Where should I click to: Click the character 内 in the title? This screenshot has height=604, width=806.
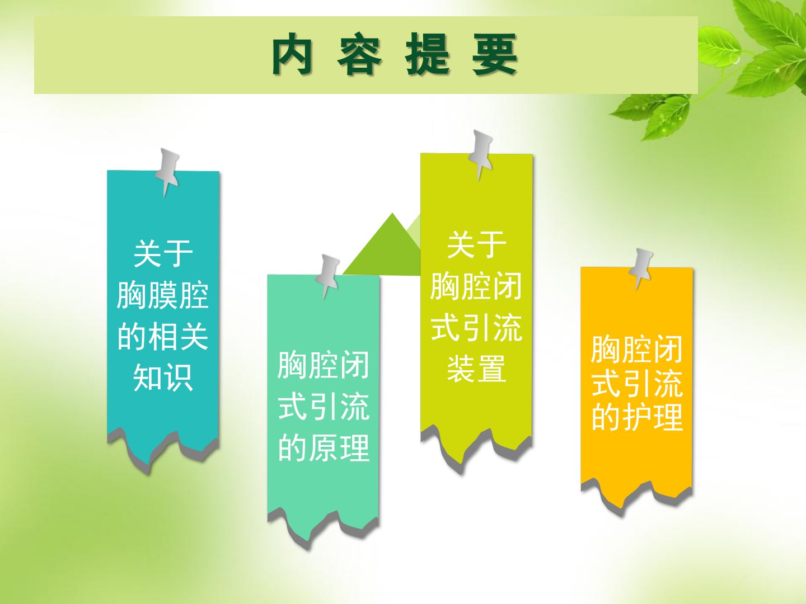(292, 54)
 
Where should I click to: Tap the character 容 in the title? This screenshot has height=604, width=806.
(359, 54)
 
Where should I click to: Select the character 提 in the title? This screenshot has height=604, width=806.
(428, 54)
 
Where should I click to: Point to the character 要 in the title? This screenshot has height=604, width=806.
(495, 54)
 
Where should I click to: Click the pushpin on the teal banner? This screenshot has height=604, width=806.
(167, 172)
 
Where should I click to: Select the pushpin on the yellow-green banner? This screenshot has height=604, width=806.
(481, 154)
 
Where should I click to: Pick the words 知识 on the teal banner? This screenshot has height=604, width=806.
(163, 377)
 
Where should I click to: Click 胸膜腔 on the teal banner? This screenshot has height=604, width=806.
(163, 295)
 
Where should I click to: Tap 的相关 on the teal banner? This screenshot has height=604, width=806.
(163, 337)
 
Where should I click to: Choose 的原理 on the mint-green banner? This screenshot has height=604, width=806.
(324, 448)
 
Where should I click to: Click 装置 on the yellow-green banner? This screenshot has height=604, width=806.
(477, 368)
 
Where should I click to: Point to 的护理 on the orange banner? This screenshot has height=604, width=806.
(637, 417)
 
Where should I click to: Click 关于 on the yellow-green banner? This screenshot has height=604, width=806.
(477, 244)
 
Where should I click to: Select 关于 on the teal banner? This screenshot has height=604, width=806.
(163, 254)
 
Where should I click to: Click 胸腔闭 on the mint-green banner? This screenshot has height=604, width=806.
(324, 365)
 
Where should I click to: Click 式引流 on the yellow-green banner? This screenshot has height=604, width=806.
(477, 327)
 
